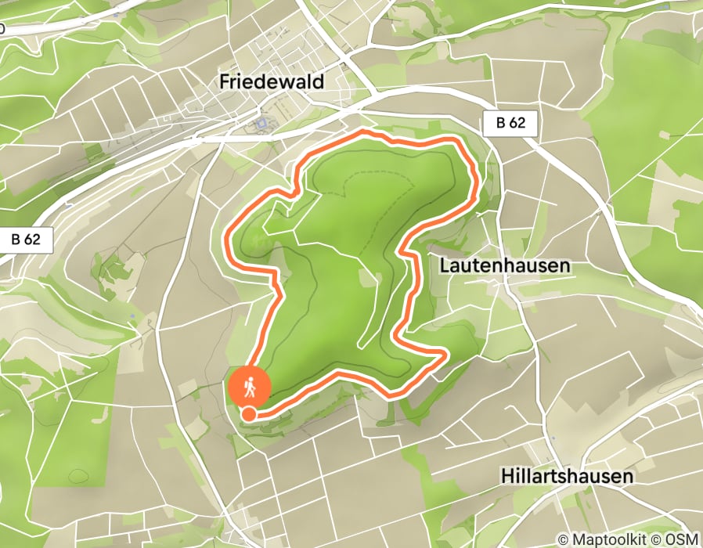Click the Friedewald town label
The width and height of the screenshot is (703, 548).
coord(272,81)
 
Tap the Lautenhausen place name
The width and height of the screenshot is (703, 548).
coord(504,265)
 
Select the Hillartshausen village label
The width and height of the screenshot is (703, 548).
coord(566,476)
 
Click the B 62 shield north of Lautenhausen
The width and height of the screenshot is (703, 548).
coord(510,124)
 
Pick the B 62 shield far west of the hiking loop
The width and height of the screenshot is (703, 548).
coord(26,240)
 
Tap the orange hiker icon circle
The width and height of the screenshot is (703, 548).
coord(250,386)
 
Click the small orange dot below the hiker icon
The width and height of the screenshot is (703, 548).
coord(248,414)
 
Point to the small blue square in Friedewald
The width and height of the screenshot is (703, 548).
coord(261,123)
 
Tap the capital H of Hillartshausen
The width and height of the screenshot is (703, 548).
coord(506,476)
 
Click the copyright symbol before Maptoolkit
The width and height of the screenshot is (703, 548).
coord(564,539)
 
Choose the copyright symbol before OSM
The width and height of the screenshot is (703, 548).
coord(658,539)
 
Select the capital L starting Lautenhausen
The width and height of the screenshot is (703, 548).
coord(445,265)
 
